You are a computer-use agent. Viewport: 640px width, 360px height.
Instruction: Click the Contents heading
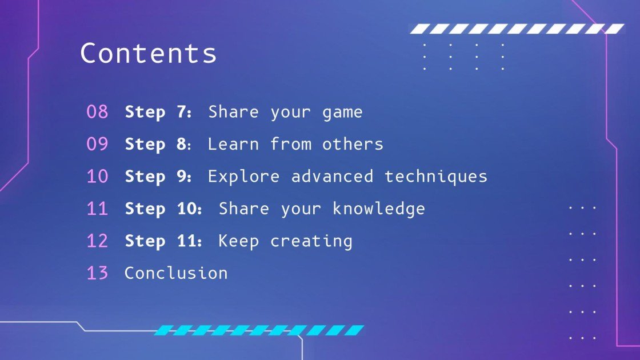click(x=149, y=53)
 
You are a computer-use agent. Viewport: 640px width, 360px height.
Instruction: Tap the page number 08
click(x=97, y=112)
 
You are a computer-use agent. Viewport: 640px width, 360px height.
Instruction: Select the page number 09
click(x=97, y=144)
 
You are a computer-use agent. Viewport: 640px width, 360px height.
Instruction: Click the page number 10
click(x=97, y=177)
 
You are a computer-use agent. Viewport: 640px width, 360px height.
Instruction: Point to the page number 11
click(x=97, y=209)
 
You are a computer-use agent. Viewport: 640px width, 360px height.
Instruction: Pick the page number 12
click(x=97, y=241)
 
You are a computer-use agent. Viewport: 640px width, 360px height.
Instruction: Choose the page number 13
click(x=97, y=273)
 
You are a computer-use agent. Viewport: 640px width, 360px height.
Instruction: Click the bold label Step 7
click(x=158, y=112)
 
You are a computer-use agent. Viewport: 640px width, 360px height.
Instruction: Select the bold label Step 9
click(x=158, y=177)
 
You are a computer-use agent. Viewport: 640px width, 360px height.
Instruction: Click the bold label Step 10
click(x=163, y=209)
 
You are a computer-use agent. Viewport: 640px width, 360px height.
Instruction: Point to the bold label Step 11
click(x=163, y=241)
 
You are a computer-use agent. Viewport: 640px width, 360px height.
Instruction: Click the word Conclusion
click(x=176, y=273)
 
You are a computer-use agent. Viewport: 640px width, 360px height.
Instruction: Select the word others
click(x=353, y=144)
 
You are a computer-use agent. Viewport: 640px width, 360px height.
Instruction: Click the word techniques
click(x=436, y=177)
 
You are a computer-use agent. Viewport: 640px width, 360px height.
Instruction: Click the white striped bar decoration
click(x=517, y=29)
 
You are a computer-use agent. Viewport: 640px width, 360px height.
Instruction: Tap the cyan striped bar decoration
click(x=259, y=330)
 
